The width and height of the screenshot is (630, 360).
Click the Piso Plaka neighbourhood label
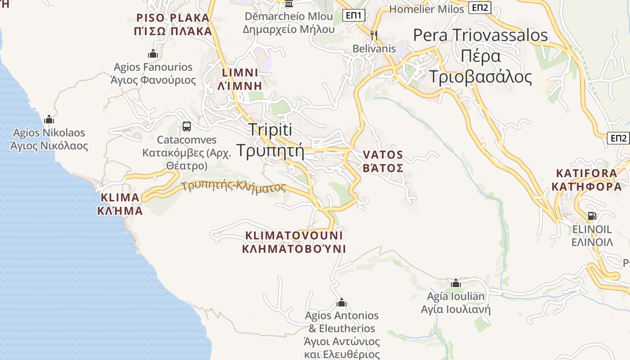click(173, 25)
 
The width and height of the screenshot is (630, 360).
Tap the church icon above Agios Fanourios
click(153, 54)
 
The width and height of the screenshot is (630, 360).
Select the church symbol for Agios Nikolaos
click(49, 119)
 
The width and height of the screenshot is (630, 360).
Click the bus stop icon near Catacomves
click(187, 126)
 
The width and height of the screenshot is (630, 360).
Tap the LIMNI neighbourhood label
click(240, 79)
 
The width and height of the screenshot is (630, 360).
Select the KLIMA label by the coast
click(120, 204)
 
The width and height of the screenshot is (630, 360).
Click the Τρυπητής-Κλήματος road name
click(234, 186)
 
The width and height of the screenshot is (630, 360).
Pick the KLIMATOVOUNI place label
click(294, 242)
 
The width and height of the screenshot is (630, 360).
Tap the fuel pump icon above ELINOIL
click(592, 216)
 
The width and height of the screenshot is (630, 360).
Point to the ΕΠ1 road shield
click(354, 16)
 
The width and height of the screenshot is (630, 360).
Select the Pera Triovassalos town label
click(481, 56)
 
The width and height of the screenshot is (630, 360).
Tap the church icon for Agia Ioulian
click(456, 283)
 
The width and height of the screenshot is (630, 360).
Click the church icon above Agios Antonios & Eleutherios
click(342, 302)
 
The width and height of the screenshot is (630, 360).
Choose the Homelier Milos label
click(426, 9)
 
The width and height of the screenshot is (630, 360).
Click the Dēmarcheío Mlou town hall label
click(289, 22)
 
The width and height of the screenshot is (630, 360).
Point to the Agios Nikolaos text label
click(49, 139)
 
